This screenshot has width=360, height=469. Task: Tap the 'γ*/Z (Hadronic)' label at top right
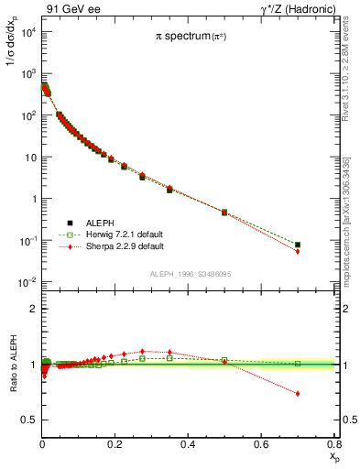coord(292,8)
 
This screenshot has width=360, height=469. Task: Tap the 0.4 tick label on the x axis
coord(189,444)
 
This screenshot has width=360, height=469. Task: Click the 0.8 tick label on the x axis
coord(334,444)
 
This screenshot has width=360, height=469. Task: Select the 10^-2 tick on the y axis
coord(26,282)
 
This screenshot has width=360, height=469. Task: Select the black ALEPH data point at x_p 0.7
coord(298,245)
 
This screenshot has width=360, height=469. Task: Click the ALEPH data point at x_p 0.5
coord(224,212)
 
